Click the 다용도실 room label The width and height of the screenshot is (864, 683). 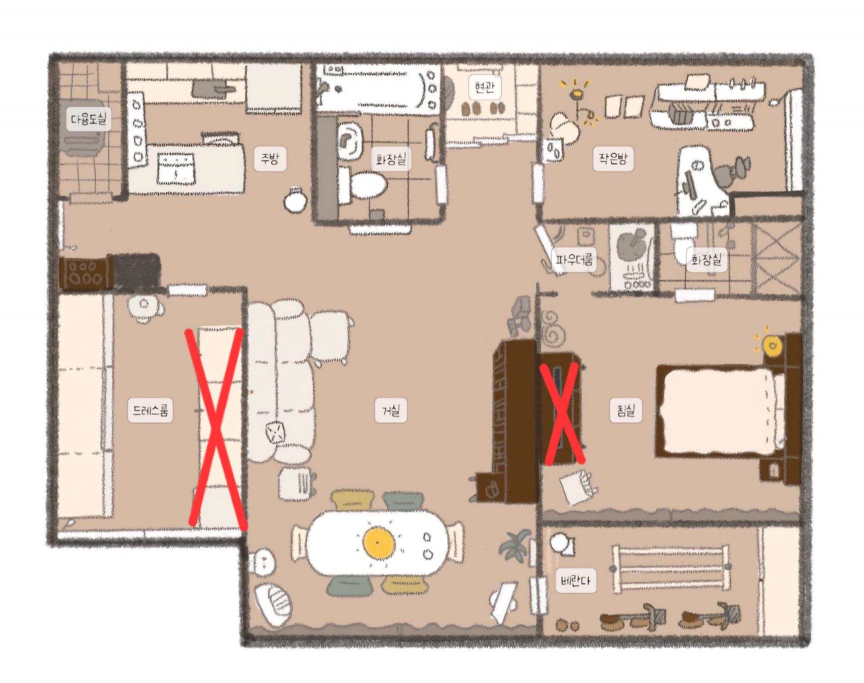(x=89, y=119)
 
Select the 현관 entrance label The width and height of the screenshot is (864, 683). (x=484, y=86)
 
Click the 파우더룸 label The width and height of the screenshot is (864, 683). (x=574, y=260)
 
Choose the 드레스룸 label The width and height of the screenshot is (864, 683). (x=151, y=410)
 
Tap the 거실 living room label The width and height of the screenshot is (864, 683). (x=391, y=410)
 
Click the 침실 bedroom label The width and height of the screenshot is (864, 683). (x=625, y=410)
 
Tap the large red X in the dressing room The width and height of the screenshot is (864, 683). (x=217, y=427)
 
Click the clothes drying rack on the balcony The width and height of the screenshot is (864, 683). (x=670, y=569)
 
